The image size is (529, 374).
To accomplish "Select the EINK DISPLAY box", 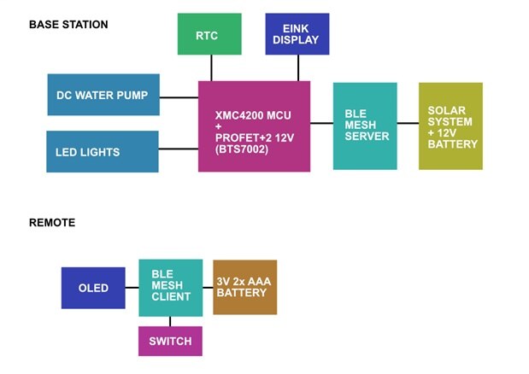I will pyautogui.click(x=297, y=34).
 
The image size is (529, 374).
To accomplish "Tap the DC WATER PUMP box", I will pyautogui.click(x=103, y=96).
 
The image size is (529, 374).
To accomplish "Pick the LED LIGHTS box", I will pyautogui.click(x=103, y=152).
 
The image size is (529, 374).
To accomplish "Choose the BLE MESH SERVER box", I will pyautogui.click(x=365, y=126).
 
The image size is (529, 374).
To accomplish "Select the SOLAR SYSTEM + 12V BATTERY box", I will pyautogui.click(x=450, y=126).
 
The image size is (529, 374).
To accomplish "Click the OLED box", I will pyautogui.click(x=93, y=288).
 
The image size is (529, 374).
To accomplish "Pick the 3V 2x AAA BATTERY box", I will pyautogui.click(x=244, y=287).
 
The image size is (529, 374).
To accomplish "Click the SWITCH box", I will pyautogui.click(x=170, y=342).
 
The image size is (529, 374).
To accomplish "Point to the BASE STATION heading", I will pyautogui.click(x=68, y=25).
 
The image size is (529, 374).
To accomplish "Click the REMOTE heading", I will pyautogui.click(x=52, y=223).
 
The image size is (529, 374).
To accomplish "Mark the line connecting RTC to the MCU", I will pyautogui.click(x=211, y=68).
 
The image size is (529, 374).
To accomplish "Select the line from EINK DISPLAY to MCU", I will pyautogui.click(x=297, y=68).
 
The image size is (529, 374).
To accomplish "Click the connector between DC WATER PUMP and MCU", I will pyautogui.click(x=179, y=96).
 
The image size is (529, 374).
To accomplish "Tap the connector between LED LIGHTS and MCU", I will pyautogui.click(x=179, y=149).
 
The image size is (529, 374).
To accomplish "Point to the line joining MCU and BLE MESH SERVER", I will pyautogui.click(x=321, y=124).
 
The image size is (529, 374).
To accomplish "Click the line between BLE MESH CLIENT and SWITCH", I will pyautogui.click(x=170, y=321).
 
